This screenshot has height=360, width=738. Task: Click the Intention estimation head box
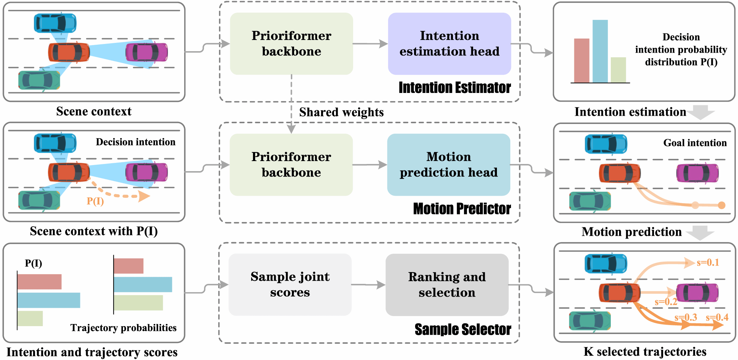(449, 44)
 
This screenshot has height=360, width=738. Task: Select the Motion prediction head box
(449, 165)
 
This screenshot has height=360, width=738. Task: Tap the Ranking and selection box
(447, 285)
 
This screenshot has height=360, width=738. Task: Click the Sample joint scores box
(290, 285)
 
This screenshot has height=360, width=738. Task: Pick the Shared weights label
(341, 112)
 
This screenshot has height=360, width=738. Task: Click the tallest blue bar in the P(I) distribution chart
(600, 51)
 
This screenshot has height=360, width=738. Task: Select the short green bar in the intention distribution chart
(618, 70)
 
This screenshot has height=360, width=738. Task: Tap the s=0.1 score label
(708, 262)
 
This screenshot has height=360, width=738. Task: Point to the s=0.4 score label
(717, 317)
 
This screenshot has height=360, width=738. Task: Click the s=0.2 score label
(666, 302)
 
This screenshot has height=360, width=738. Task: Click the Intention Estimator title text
(455, 88)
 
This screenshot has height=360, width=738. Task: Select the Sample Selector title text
(463, 329)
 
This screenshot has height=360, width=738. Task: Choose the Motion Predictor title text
(462, 209)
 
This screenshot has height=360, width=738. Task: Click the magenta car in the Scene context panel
(147, 52)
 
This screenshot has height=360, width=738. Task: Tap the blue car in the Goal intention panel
(606, 144)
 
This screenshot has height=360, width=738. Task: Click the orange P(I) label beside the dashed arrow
(95, 201)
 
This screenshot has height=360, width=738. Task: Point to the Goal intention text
(695, 143)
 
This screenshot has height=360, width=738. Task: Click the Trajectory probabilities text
(123, 328)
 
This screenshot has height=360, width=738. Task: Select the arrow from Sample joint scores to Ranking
(368, 285)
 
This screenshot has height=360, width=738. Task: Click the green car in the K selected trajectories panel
(590, 321)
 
